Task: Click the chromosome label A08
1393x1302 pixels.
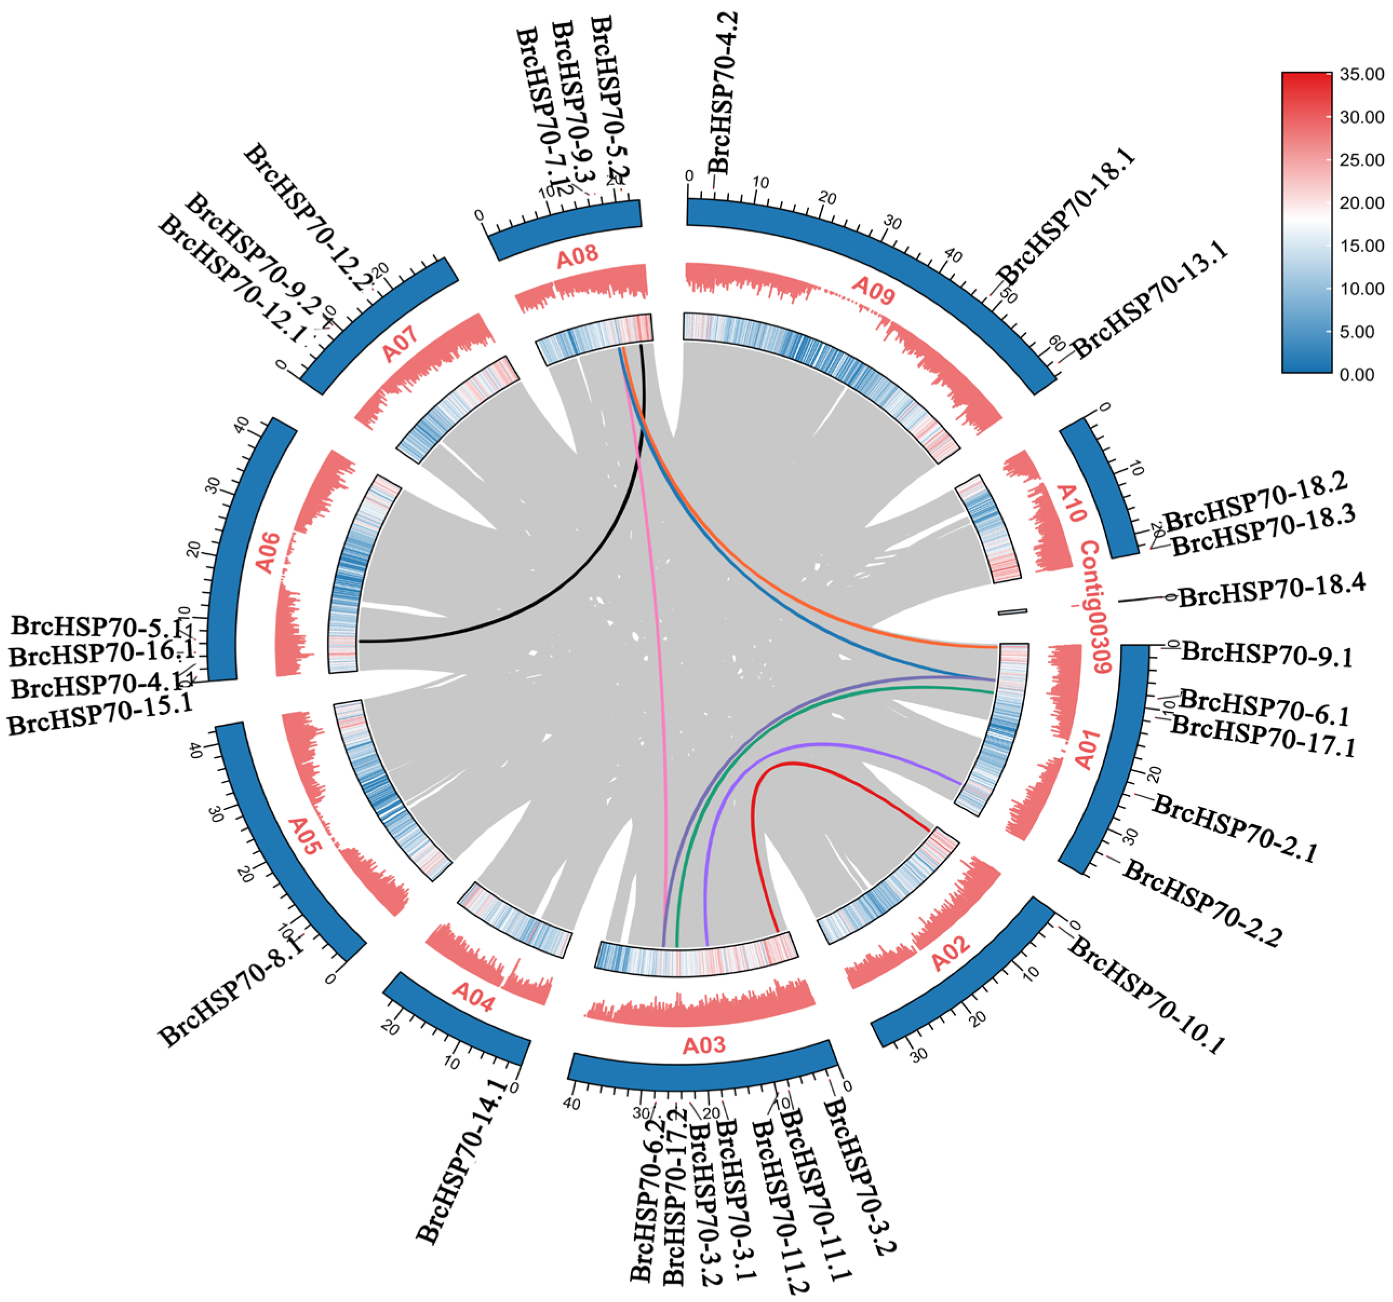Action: tap(577, 257)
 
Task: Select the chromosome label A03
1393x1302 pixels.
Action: tap(703, 1045)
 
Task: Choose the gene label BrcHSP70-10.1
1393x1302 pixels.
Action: tap(1146, 996)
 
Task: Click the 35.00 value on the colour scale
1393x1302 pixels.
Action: tap(1362, 75)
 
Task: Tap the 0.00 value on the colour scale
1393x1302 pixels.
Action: tap(1357, 375)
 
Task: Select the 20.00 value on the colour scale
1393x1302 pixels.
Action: tap(1362, 203)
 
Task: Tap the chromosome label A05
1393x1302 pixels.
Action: tap(305, 834)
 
